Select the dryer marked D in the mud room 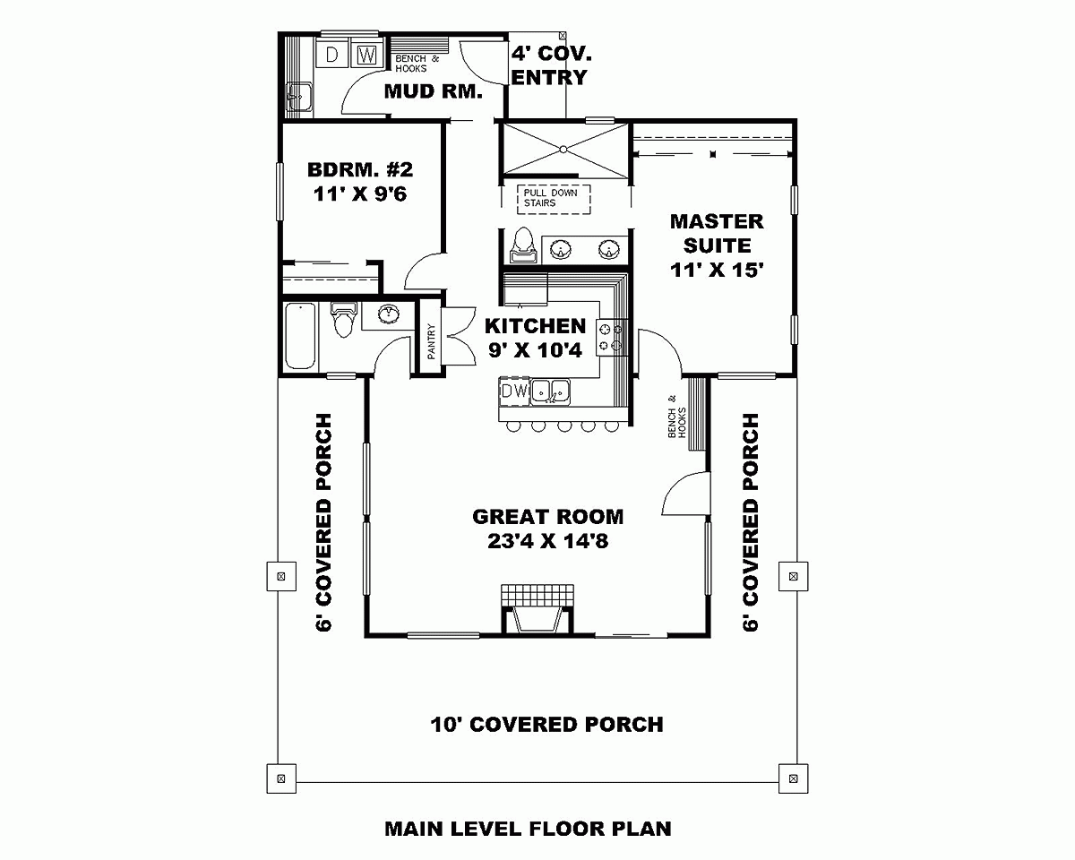coord(332,55)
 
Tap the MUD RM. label coord(434,91)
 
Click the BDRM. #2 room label coord(360,170)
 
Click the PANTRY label coord(430,342)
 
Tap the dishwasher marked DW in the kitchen coord(513,391)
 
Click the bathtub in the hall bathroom coord(300,336)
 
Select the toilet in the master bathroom coord(524,243)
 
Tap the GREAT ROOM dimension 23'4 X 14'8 coord(547,541)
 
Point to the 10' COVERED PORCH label coord(546,724)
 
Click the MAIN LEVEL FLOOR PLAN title coord(528,829)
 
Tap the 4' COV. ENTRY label coord(550,64)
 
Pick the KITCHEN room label coord(535,326)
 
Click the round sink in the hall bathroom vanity coord(390,314)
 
